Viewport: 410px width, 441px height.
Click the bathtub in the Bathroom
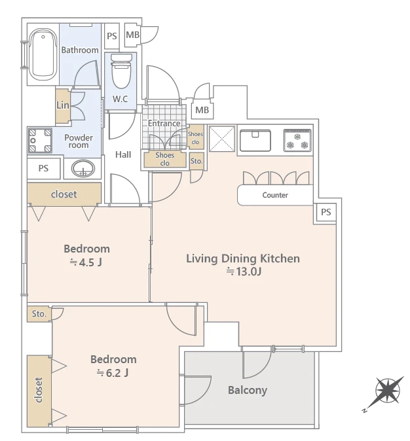pyautogui.click(x=43, y=54)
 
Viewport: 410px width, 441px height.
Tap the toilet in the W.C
pyautogui.click(x=121, y=71)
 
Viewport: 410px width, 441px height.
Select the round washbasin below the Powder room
pyautogui.click(x=83, y=168)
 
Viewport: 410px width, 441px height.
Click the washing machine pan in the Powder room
pyautogui.click(x=40, y=141)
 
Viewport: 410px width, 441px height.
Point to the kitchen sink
pyautogui.click(x=255, y=140)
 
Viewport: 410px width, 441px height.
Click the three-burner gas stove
pyautogui.click(x=297, y=140)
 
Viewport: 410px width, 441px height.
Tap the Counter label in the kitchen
pyautogui.click(x=275, y=195)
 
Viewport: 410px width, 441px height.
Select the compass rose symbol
pyautogui.click(x=388, y=391)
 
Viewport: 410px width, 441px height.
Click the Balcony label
pyautogui.click(x=248, y=390)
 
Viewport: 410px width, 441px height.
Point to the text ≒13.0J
pyautogui.click(x=244, y=272)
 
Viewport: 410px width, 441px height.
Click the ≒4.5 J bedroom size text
pyautogui.click(x=86, y=262)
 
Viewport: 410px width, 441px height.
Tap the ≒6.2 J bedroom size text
pyautogui.click(x=113, y=373)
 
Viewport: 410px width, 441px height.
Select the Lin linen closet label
pyautogui.click(x=62, y=105)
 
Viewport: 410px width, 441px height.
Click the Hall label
pyautogui.click(x=123, y=154)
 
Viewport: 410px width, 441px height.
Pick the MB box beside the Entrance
pyautogui.click(x=202, y=110)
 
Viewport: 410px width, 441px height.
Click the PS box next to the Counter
pyautogui.click(x=326, y=213)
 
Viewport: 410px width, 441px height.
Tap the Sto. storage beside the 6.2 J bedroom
pyautogui.click(x=39, y=314)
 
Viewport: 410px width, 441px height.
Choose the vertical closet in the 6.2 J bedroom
pyautogui.click(x=39, y=391)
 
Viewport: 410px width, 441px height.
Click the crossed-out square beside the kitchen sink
pyautogui.click(x=222, y=139)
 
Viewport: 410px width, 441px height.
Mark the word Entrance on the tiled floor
pyautogui.click(x=164, y=123)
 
